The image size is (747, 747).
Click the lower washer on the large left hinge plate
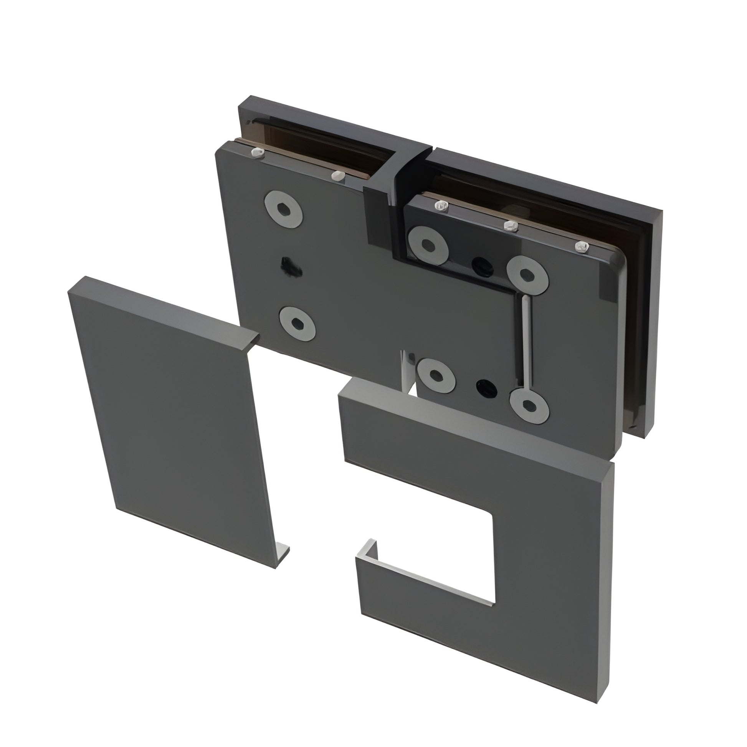(x=297, y=323)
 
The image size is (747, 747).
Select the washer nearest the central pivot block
(x=428, y=245)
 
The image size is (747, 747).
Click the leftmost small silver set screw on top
(x=256, y=153)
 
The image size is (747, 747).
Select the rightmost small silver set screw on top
(x=582, y=247)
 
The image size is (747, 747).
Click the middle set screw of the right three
(x=511, y=226)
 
